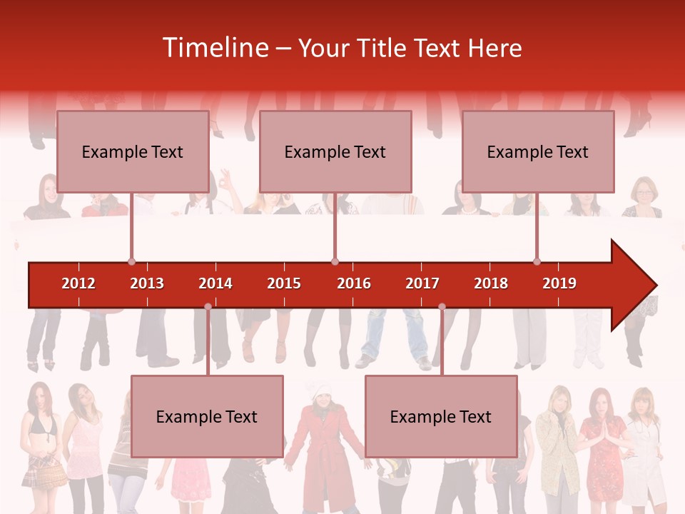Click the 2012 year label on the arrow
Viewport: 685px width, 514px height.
pyautogui.click(x=78, y=283)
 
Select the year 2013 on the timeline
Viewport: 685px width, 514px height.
pyautogui.click(x=147, y=283)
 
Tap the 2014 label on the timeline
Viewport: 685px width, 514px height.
pyautogui.click(x=215, y=283)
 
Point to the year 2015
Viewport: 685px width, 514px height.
pyautogui.click(x=284, y=283)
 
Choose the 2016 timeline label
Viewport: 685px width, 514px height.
pyautogui.click(x=354, y=283)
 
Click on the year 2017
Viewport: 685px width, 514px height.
pyautogui.click(x=422, y=283)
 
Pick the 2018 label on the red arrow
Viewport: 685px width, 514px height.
pyautogui.click(x=491, y=283)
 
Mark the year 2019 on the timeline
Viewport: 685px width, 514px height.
pyautogui.click(x=559, y=283)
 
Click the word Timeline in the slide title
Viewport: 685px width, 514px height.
pyautogui.click(x=214, y=48)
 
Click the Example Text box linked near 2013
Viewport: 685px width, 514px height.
pyautogui.click(x=133, y=151)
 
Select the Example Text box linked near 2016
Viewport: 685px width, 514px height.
pyautogui.click(x=335, y=151)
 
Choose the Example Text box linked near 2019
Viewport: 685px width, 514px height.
pyautogui.click(x=538, y=151)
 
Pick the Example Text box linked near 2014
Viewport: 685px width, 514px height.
pyautogui.click(x=207, y=416)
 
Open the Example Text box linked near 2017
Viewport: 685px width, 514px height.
pyautogui.click(x=441, y=416)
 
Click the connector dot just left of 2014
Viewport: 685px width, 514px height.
pyautogui.click(x=208, y=306)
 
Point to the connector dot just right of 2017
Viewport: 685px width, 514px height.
pyautogui.click(x=442, y=306)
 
